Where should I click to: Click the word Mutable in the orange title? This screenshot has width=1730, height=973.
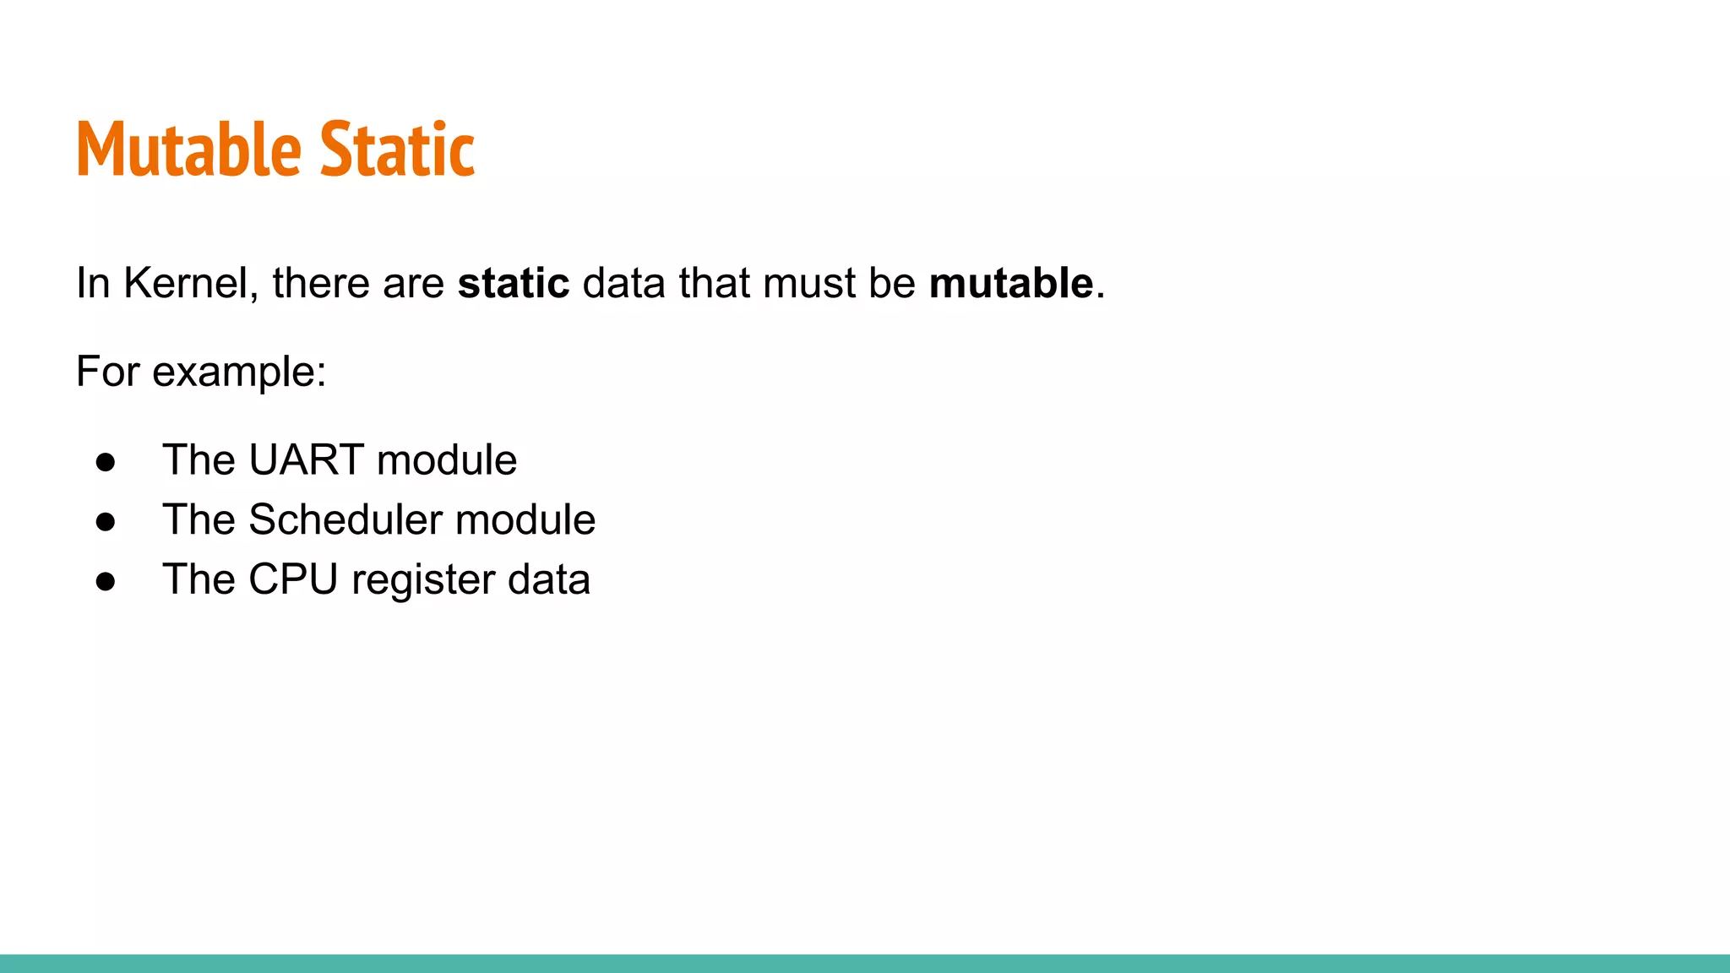188,149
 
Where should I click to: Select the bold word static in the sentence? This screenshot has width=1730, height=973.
514,283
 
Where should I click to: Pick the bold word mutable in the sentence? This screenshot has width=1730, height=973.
1011,283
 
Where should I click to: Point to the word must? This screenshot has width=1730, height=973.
808,283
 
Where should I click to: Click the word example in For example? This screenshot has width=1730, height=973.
239,372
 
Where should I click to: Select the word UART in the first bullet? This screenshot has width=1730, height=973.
306,460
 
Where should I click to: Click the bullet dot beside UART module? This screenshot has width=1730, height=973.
106,462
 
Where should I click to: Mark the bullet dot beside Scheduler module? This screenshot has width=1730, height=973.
106,522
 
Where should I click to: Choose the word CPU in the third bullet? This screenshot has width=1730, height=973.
292,579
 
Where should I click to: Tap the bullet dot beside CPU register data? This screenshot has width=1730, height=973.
106,582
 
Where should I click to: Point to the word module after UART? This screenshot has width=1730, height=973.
446,460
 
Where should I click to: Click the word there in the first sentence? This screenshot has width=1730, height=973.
320,283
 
